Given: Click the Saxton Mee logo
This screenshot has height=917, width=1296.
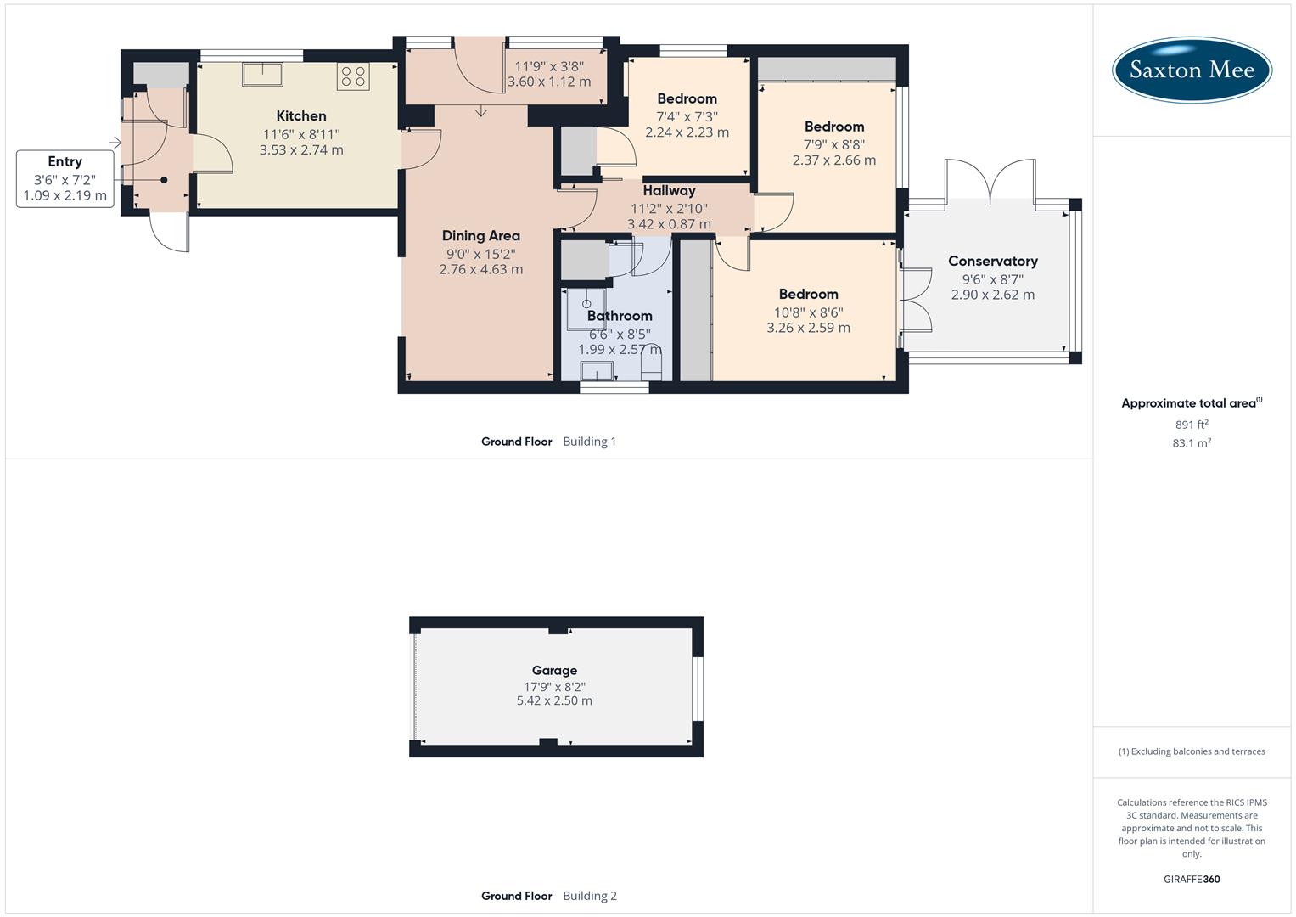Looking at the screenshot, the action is point(1192,70).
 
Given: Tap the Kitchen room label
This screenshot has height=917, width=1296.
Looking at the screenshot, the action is point(301,116).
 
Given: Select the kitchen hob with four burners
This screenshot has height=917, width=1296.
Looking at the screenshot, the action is point(352,77).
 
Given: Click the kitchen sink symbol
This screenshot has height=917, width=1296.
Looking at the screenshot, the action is point(262,74).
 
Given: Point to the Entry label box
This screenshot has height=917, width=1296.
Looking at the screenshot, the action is point(65,178).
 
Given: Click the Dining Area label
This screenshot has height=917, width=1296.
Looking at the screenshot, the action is point(480,236).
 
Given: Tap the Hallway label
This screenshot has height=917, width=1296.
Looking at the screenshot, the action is point(669,191).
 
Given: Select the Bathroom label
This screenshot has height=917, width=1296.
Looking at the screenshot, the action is point(620,316).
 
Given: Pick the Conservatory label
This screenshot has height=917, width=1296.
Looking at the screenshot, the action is point(992,262).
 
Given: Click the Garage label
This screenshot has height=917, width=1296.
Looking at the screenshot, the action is point(554,671).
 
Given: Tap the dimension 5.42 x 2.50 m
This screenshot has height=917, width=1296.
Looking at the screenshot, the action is point(554,701).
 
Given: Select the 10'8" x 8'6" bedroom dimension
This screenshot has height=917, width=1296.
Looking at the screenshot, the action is point(808,312).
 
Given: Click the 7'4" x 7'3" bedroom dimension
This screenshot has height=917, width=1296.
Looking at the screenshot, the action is point(687,116).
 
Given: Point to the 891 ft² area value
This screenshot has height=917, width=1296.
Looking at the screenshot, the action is point(1192,425).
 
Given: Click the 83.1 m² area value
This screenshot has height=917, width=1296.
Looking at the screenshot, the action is point(1192,443).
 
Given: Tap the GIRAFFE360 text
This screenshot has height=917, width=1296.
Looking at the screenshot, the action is point(1192,880).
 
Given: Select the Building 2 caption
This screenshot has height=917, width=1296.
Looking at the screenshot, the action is point(590,896).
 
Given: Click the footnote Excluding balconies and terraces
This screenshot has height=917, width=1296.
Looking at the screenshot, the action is point(1192,751).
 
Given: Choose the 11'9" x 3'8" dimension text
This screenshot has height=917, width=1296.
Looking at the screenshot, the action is point(549,65).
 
